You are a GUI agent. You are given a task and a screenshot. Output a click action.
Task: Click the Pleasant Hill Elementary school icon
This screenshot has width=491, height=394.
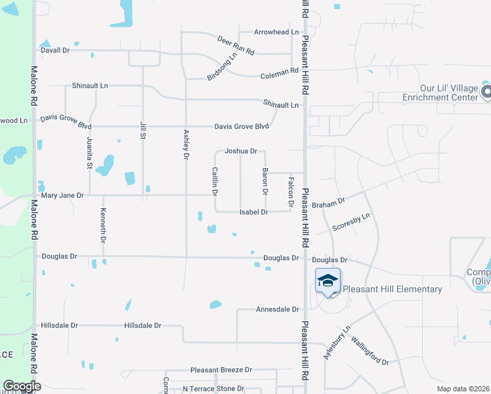[x=328, y=281]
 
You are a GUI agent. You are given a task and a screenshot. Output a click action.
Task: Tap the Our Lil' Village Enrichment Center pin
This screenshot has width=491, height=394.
[x=486, y=92]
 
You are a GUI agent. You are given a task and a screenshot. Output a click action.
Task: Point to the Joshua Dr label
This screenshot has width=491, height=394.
[x=240, y=151]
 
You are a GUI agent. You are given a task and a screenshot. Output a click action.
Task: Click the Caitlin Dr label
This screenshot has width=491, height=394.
[x=215, y=181]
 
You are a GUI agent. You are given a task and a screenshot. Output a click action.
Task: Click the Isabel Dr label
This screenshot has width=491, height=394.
[x=254, y=212]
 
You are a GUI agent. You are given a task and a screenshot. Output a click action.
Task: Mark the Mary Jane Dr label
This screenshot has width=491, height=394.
[x=62, y=196]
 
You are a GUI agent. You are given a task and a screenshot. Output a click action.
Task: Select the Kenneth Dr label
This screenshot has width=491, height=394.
[x=103, y=225]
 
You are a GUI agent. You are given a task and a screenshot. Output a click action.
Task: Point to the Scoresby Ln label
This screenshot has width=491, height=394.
[x=352, y=221]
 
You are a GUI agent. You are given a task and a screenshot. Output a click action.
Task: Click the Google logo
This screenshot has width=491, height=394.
[x=22, y=386]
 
